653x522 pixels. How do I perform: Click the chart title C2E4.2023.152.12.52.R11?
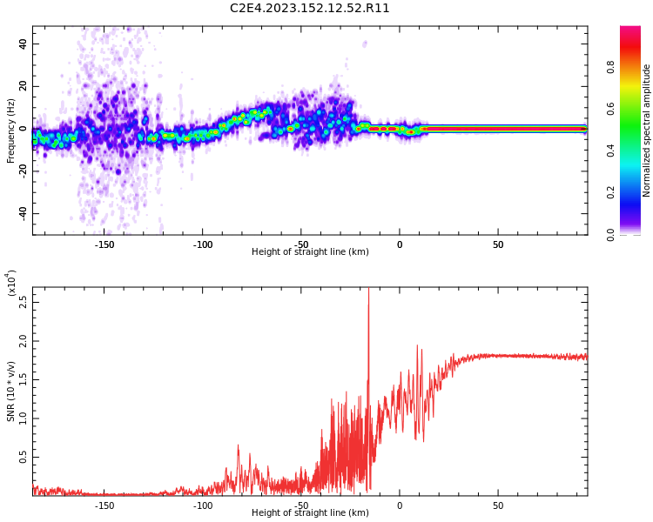click(310, 9)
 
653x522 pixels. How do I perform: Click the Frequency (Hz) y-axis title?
click(11, 130)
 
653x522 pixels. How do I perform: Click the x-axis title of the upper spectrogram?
click(310, 252)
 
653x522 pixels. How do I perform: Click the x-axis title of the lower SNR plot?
click(310, 513)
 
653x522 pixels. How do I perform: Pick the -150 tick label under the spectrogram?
click(104, 244)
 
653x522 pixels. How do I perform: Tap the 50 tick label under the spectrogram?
click(497, 244)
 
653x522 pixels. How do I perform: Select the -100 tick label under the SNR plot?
click(202, 505)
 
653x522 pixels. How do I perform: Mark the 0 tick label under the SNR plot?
click(400, 505)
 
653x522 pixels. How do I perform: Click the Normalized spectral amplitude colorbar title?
click(647, 130)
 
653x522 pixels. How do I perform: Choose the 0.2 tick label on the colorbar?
click(636, 192)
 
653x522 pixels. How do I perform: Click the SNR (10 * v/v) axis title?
click(11, 391)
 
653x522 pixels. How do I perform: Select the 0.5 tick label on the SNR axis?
click(24, 457)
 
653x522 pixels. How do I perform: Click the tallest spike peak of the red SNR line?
click(368, 291)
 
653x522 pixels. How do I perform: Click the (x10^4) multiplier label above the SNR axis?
click(11, 284)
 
